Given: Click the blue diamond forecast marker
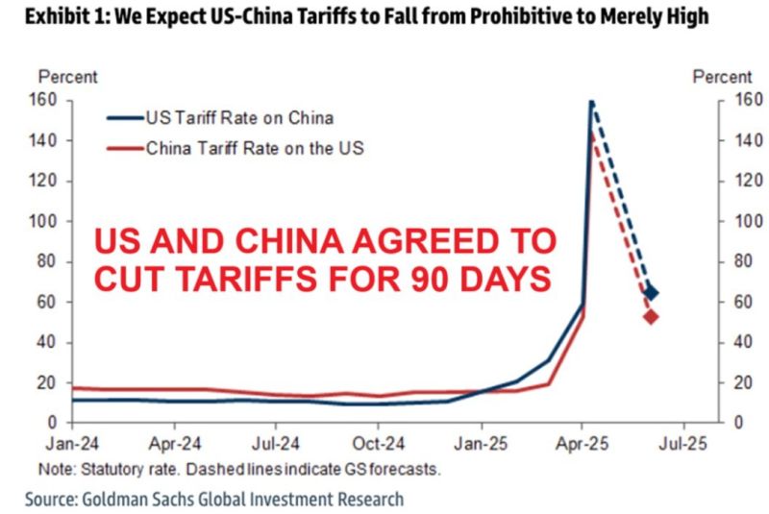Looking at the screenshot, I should (651, 293).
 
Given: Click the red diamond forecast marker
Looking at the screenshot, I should (651, 316).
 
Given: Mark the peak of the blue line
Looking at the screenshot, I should (591, 100).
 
